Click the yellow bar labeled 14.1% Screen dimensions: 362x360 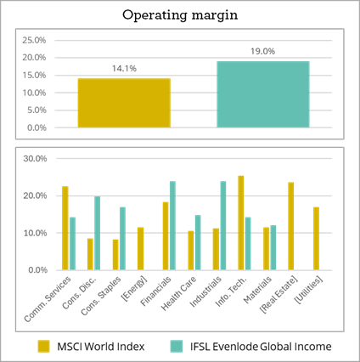tap(124, 103)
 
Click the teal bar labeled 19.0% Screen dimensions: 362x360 tap(263, 93)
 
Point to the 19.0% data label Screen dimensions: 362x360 tap(263, 52)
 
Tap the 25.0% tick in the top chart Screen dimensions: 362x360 tap(34, 40)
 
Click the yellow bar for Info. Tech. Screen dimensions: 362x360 tap(241, 223)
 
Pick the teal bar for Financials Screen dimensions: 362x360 tap(172, 225)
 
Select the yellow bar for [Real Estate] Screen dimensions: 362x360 tap(291, 226)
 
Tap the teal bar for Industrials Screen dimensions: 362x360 tap(223, 225)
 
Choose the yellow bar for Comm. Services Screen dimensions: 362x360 tap(65, 228)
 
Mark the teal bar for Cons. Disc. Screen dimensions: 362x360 tap(98, 233)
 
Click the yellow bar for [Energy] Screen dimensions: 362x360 tap(140, 248)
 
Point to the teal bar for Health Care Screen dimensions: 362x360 tap(198, 242)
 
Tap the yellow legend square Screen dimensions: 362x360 tap(44, 346)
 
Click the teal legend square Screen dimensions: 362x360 tap(177, 346)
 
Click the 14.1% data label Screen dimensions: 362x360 tap(124, 69)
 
